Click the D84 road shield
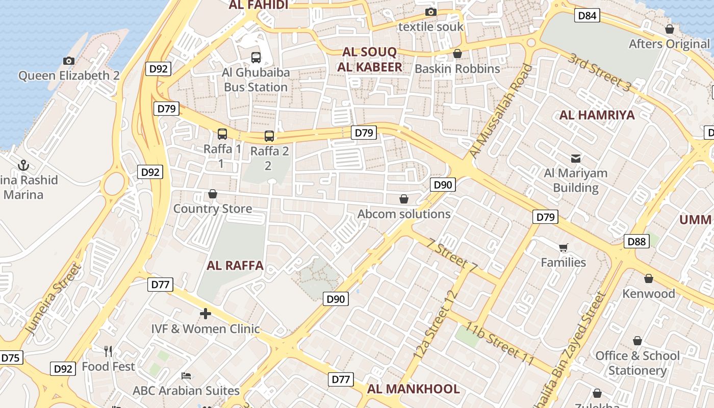pyautogui.click(x=587, y=16)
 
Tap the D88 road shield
pyautogui.click(x=636, y=241)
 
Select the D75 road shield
pyautogui.click(x=10, y=358)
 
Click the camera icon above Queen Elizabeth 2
pyautogui.click(x=69, y=61)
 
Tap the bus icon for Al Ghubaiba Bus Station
pyautogui.click(x=256, y=57)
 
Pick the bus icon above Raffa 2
pyautogui.click(x=269, y=136)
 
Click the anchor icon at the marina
pyautogui.click(x=23, y=165)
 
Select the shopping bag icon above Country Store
pyautogui.click(x=213, y=194)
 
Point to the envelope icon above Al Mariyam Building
pyautogui.click(x=576, y=158)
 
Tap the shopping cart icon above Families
pyautogui.click(x=564, y=248)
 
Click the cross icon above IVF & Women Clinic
pyautogui.click(x=206, y=314)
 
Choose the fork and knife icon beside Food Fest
pyautogui.click(x=108, y=351)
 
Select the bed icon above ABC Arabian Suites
pyautogui.click(x=186, y=376)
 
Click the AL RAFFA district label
pyautogui.click(x=235, y=266)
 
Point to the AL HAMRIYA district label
pyautogui.click(x=597, y=115)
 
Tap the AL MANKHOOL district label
pyautogui.click(x=413, y=389)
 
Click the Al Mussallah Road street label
pyautogui.click(x=500, y=111)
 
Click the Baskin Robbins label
pyautogui.click(x=457, y=68)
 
